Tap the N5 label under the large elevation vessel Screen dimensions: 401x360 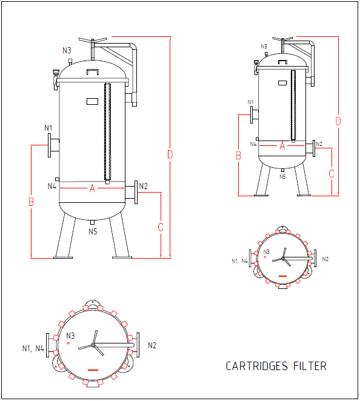point(93,231)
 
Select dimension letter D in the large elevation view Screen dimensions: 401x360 point(170,155)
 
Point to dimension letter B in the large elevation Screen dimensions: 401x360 point(31,202)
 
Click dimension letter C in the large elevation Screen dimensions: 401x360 point(161,227)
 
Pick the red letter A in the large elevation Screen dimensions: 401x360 point(93,188)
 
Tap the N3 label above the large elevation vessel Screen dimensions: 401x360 point(67,50)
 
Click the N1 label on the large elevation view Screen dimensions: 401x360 point(48,128)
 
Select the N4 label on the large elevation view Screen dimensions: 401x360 point(52,186)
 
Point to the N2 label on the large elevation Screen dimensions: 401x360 point(143,186)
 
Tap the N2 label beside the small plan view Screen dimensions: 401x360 point(325,259)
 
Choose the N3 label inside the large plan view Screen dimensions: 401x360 point(70,336)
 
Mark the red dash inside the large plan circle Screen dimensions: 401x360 point(93,368)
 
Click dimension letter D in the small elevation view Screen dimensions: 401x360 point(338,121)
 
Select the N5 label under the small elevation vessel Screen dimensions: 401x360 point(282,176)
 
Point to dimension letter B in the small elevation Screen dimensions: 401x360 point(239,156)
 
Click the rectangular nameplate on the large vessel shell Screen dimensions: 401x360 point(92,101)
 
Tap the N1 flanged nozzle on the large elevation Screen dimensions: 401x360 point(53,145)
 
